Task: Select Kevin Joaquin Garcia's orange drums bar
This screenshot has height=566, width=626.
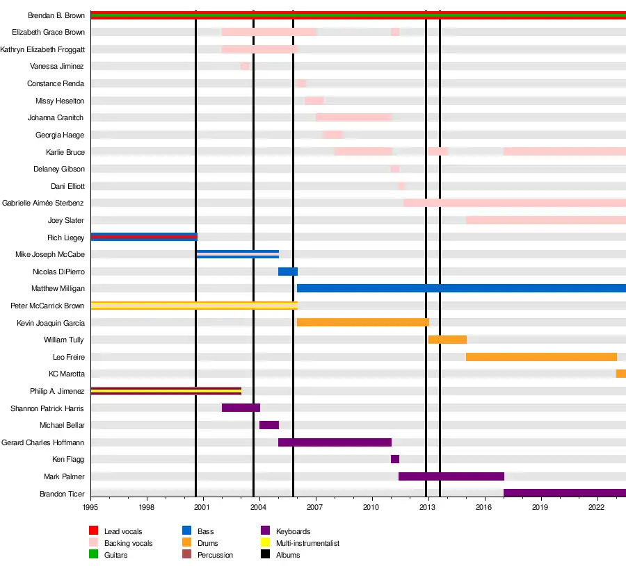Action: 362,322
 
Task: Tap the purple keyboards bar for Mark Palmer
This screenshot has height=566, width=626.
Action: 451,476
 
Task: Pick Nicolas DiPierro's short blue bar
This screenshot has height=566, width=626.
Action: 288,272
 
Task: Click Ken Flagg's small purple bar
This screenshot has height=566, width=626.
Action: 395,459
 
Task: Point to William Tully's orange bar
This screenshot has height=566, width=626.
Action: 447,340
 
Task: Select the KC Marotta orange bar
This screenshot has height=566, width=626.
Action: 621,374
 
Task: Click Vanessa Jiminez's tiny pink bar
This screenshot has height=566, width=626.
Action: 245,66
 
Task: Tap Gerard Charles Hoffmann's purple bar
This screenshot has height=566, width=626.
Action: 335,442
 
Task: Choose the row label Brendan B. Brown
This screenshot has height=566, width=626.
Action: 56,15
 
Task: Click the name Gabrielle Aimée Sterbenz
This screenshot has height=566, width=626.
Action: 43,203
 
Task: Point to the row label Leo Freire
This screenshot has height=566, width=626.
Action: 68,357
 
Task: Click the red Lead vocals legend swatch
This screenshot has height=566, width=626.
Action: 94,531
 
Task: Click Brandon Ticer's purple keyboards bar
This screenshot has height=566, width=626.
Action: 564,493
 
